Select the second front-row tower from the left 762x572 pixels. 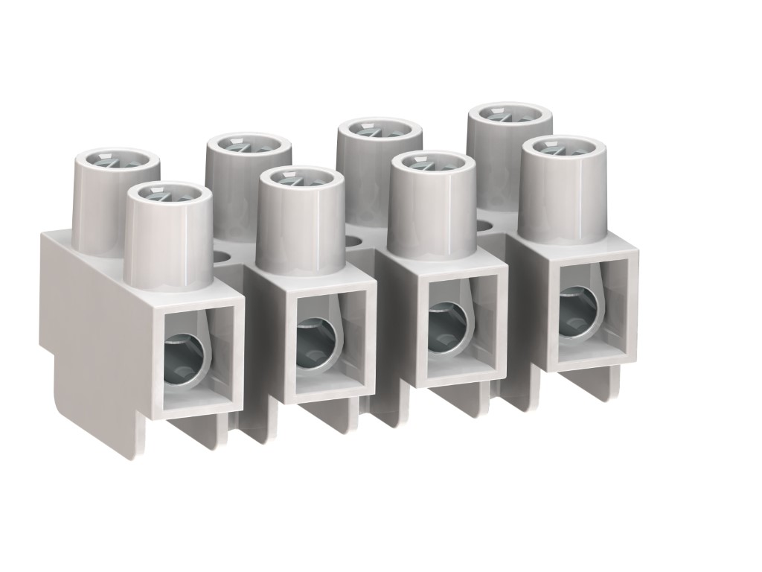coord(300,227)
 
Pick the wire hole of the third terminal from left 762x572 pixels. coord(446,327)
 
